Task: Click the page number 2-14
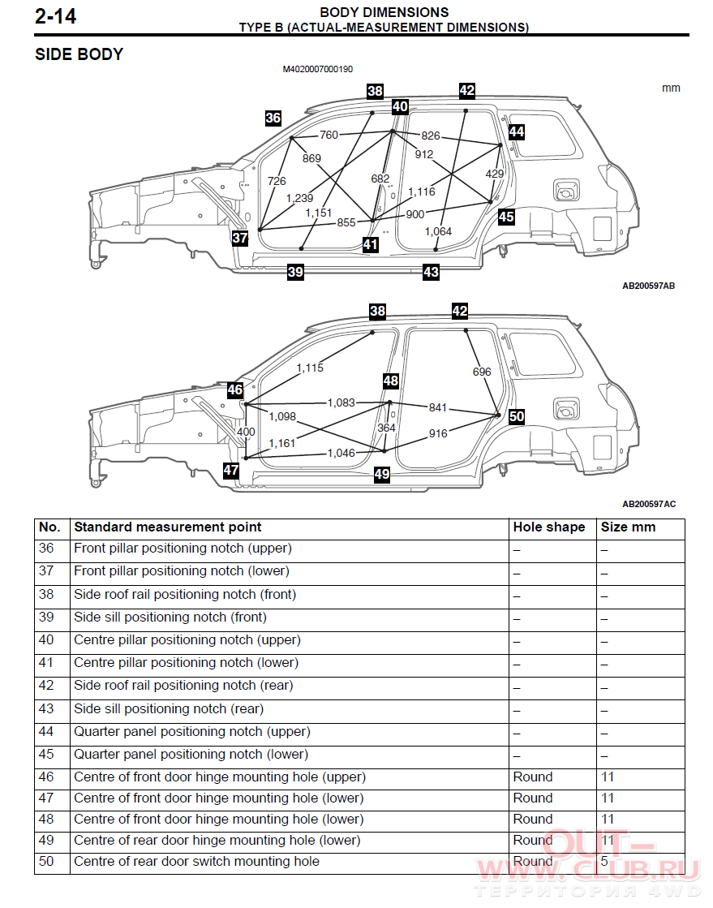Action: (55, 16)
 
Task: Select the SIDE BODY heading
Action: (79, 54)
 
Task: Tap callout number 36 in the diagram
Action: (273, 118)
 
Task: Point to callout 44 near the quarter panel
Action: (517, 132)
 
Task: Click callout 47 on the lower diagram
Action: (231, 470)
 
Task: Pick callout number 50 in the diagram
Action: (517, 416)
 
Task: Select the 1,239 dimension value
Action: (300, 198)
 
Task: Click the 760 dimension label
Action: (329, 135)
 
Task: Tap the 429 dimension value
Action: (494, 174)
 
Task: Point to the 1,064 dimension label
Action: (438, 231)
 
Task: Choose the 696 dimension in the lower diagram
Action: (482, 372)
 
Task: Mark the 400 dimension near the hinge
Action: (246, 432)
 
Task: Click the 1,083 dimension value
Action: (341, 402)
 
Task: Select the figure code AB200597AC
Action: (649, 505)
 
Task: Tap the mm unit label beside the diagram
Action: (671, 88)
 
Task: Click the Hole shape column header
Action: (548, 527)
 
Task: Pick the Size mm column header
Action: (628, 527)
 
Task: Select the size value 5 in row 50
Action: (604, 862)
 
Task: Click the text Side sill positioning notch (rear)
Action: (169, 709)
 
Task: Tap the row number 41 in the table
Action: (46, 662)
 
